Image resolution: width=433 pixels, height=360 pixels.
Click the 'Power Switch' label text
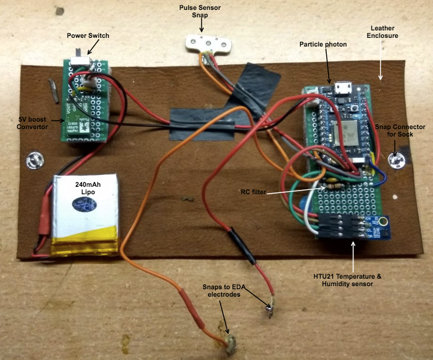(x=88, y=35)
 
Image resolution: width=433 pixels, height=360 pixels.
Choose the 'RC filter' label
(x=253, y=192)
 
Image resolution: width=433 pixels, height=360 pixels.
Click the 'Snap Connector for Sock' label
(x=401, y=132)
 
